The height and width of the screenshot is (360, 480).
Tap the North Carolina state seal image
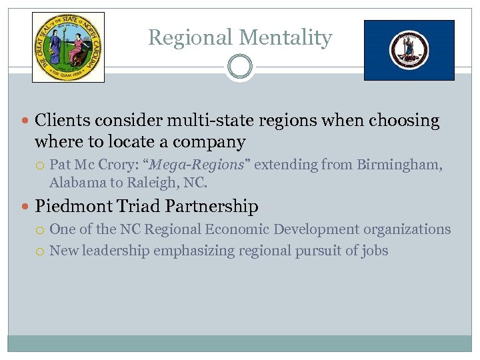(x=69, y=47)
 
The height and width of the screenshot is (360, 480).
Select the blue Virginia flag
(x=409, y=50)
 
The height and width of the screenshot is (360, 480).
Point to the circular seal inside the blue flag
(x=409, y=50)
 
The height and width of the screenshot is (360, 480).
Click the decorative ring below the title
(x=239, y=67)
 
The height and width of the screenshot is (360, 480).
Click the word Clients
(x=63, y=121)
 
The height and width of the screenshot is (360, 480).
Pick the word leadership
(x=117, y=251)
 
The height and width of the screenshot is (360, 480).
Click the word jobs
(x=375, y=251)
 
